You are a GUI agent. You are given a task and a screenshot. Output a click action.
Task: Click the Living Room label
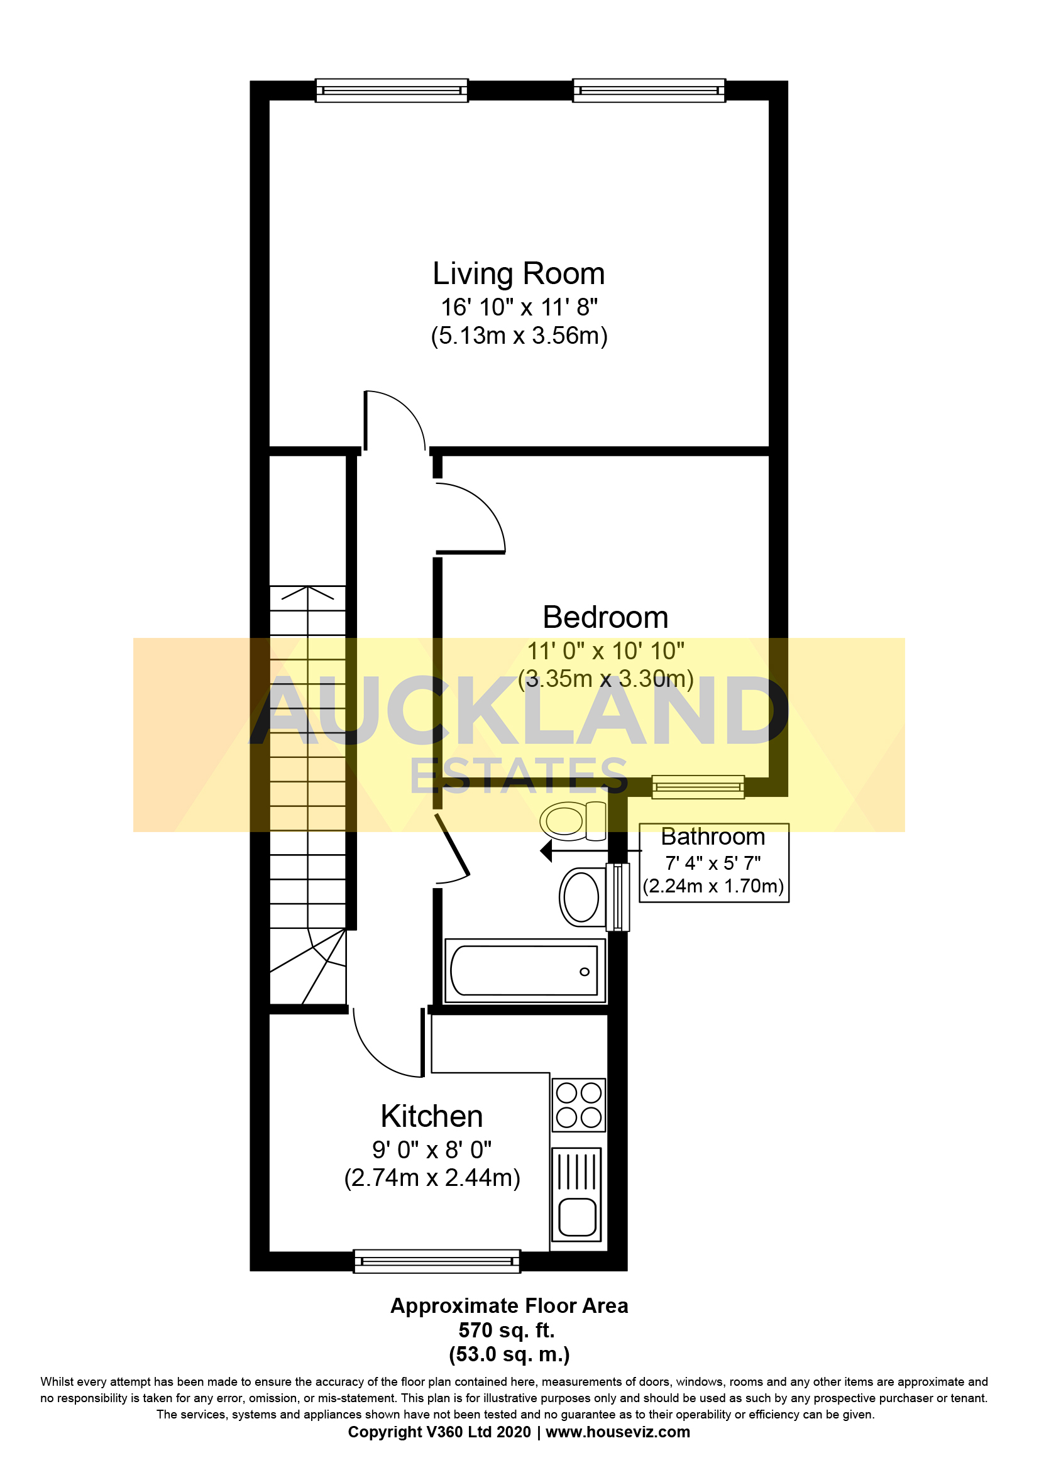(x=519, y=274)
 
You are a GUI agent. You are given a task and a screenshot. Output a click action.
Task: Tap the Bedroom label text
(x=605, y=618)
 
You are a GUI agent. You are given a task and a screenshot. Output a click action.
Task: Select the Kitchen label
(x=431, y=1117)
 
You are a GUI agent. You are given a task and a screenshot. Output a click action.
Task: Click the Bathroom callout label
(x=713, y=836)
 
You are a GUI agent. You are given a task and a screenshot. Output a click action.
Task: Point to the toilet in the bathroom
(x=572, y=820)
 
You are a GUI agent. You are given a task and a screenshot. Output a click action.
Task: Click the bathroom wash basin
(x=582, y=897)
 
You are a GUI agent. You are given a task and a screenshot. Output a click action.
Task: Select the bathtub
(x=524, y=970)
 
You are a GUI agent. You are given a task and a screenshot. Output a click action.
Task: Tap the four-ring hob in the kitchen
(x=579, y=1104)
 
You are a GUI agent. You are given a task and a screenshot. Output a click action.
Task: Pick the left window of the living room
(x=392, y=91)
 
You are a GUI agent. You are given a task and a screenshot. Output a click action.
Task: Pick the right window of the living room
(x=649, y=91)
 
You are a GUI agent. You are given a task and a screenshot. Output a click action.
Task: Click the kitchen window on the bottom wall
(x=437, y=1261)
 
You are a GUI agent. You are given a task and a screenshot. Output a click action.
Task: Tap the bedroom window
(x=698, y=787)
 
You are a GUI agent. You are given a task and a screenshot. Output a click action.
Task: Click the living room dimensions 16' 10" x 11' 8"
(x=519, y=307)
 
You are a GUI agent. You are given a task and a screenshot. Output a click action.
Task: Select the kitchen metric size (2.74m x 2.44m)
(x=431, y=1178)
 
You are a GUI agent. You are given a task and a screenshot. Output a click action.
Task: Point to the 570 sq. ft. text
(x=507, y=1330)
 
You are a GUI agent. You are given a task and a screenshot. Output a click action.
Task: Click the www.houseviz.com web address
(x=617, y=1432)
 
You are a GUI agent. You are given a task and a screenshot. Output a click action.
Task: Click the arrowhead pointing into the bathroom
(x=546, y=851)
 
